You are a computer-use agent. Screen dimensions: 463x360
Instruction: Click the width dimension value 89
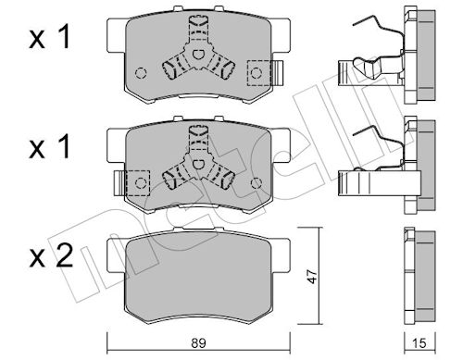198,343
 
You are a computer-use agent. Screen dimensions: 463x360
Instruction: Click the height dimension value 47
312,277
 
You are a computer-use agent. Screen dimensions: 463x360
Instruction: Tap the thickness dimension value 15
419,343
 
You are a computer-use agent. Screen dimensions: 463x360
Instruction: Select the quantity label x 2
51,255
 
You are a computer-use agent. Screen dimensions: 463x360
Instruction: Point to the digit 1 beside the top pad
65,37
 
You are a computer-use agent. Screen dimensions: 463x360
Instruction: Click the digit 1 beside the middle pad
65,147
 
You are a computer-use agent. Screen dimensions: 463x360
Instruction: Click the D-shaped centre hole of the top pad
197,55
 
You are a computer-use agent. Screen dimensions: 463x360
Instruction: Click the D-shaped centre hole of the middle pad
197,164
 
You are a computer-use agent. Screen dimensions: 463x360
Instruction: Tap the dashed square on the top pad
259,73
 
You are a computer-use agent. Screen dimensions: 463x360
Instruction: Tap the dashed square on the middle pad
138,183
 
